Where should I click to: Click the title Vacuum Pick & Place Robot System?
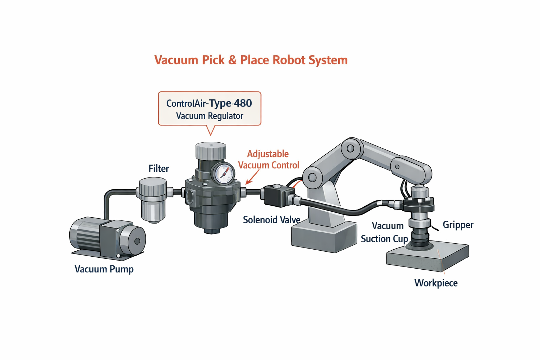pyautogui.click(x=251, y=60)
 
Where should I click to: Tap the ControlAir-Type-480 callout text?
pyautogui.click(x=209, y=103)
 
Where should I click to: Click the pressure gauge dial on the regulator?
pyautogui.click(x=224, y=174)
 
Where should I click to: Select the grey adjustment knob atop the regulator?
pyautogui.click(x=211, y=151)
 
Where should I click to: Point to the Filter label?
pyautogui.click(x=159, y=169)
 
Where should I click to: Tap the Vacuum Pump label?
pyautogui.click(x=104, y=269)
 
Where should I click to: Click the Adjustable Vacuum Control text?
pyautogui.click(x=268, y=160)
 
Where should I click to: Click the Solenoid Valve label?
pyautogui.click(x=271, y=220)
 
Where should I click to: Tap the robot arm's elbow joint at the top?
pyautogui.click(x=351, y=148)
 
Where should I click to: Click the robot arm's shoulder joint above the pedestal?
pyautogui.click(x=313, y=177)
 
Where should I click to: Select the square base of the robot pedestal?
pyautogui.click(x=323, y=237)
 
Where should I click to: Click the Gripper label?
pyautogui.click(x=458, y=225)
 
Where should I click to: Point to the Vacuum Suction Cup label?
pyautogui.click(x=385, y=232)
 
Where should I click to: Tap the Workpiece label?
pyautogui.click(x=436, y=283)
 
